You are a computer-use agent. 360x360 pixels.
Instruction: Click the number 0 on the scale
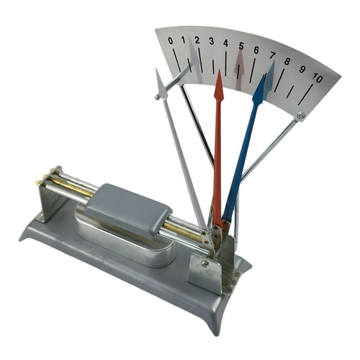pyautogui.click(x=170, y=40)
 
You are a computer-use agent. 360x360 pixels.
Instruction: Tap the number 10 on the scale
pyautogui.click(x=317, y=78)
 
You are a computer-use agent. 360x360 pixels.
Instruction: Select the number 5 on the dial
pyautogui.click(x=241, y=46)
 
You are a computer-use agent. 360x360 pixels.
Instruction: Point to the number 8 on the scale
pyautogui.click(x=287, y=61)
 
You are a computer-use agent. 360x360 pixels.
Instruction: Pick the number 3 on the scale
pyautogui.click(x=211, y=41)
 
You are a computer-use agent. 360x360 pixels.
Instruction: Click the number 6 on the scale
pyautogui.click(x=256, y=50)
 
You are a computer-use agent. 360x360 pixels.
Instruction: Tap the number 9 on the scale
pyautogui.click(x=303, y=69)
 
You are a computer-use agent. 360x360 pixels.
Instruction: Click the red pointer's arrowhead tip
pyautogui.click(x=219, y=70)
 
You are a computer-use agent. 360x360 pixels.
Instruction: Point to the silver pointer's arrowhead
pyautogui.click(x=161, y=83)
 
